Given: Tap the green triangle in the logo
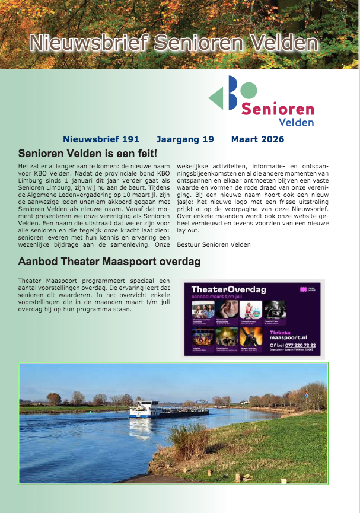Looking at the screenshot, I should click(216, 97).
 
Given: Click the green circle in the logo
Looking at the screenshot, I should click(250, 91).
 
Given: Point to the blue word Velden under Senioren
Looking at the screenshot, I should click(296, 123).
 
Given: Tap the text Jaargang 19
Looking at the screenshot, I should click(184, 139).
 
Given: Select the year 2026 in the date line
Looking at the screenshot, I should click(272, 139).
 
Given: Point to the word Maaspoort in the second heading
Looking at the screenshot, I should click(131, 262).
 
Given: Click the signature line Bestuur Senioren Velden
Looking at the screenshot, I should click(214, 244).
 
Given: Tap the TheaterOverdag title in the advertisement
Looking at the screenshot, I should click(229, 289).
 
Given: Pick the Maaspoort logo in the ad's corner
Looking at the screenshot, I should click(307, 290).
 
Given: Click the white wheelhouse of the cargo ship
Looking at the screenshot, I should click(145, 407).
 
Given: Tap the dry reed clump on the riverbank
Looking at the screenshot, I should click(188, 438).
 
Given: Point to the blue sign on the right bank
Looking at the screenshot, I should click(307, 392).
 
